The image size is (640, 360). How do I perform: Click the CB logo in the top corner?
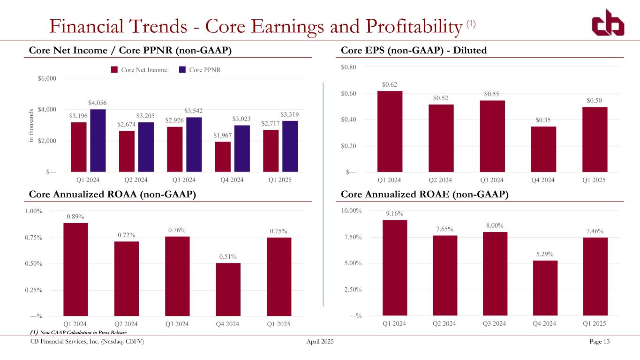point(607,22)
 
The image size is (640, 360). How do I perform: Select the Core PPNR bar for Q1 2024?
point(98,141)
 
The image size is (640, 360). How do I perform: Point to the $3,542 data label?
point(194,111)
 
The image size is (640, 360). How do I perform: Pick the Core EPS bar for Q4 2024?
point(543,149)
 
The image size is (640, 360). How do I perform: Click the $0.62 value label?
point(389,85)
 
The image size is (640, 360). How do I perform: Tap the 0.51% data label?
point(228,256)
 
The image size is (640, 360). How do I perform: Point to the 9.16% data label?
point(394,214)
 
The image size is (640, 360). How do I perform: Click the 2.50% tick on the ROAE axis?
point(352,290)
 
